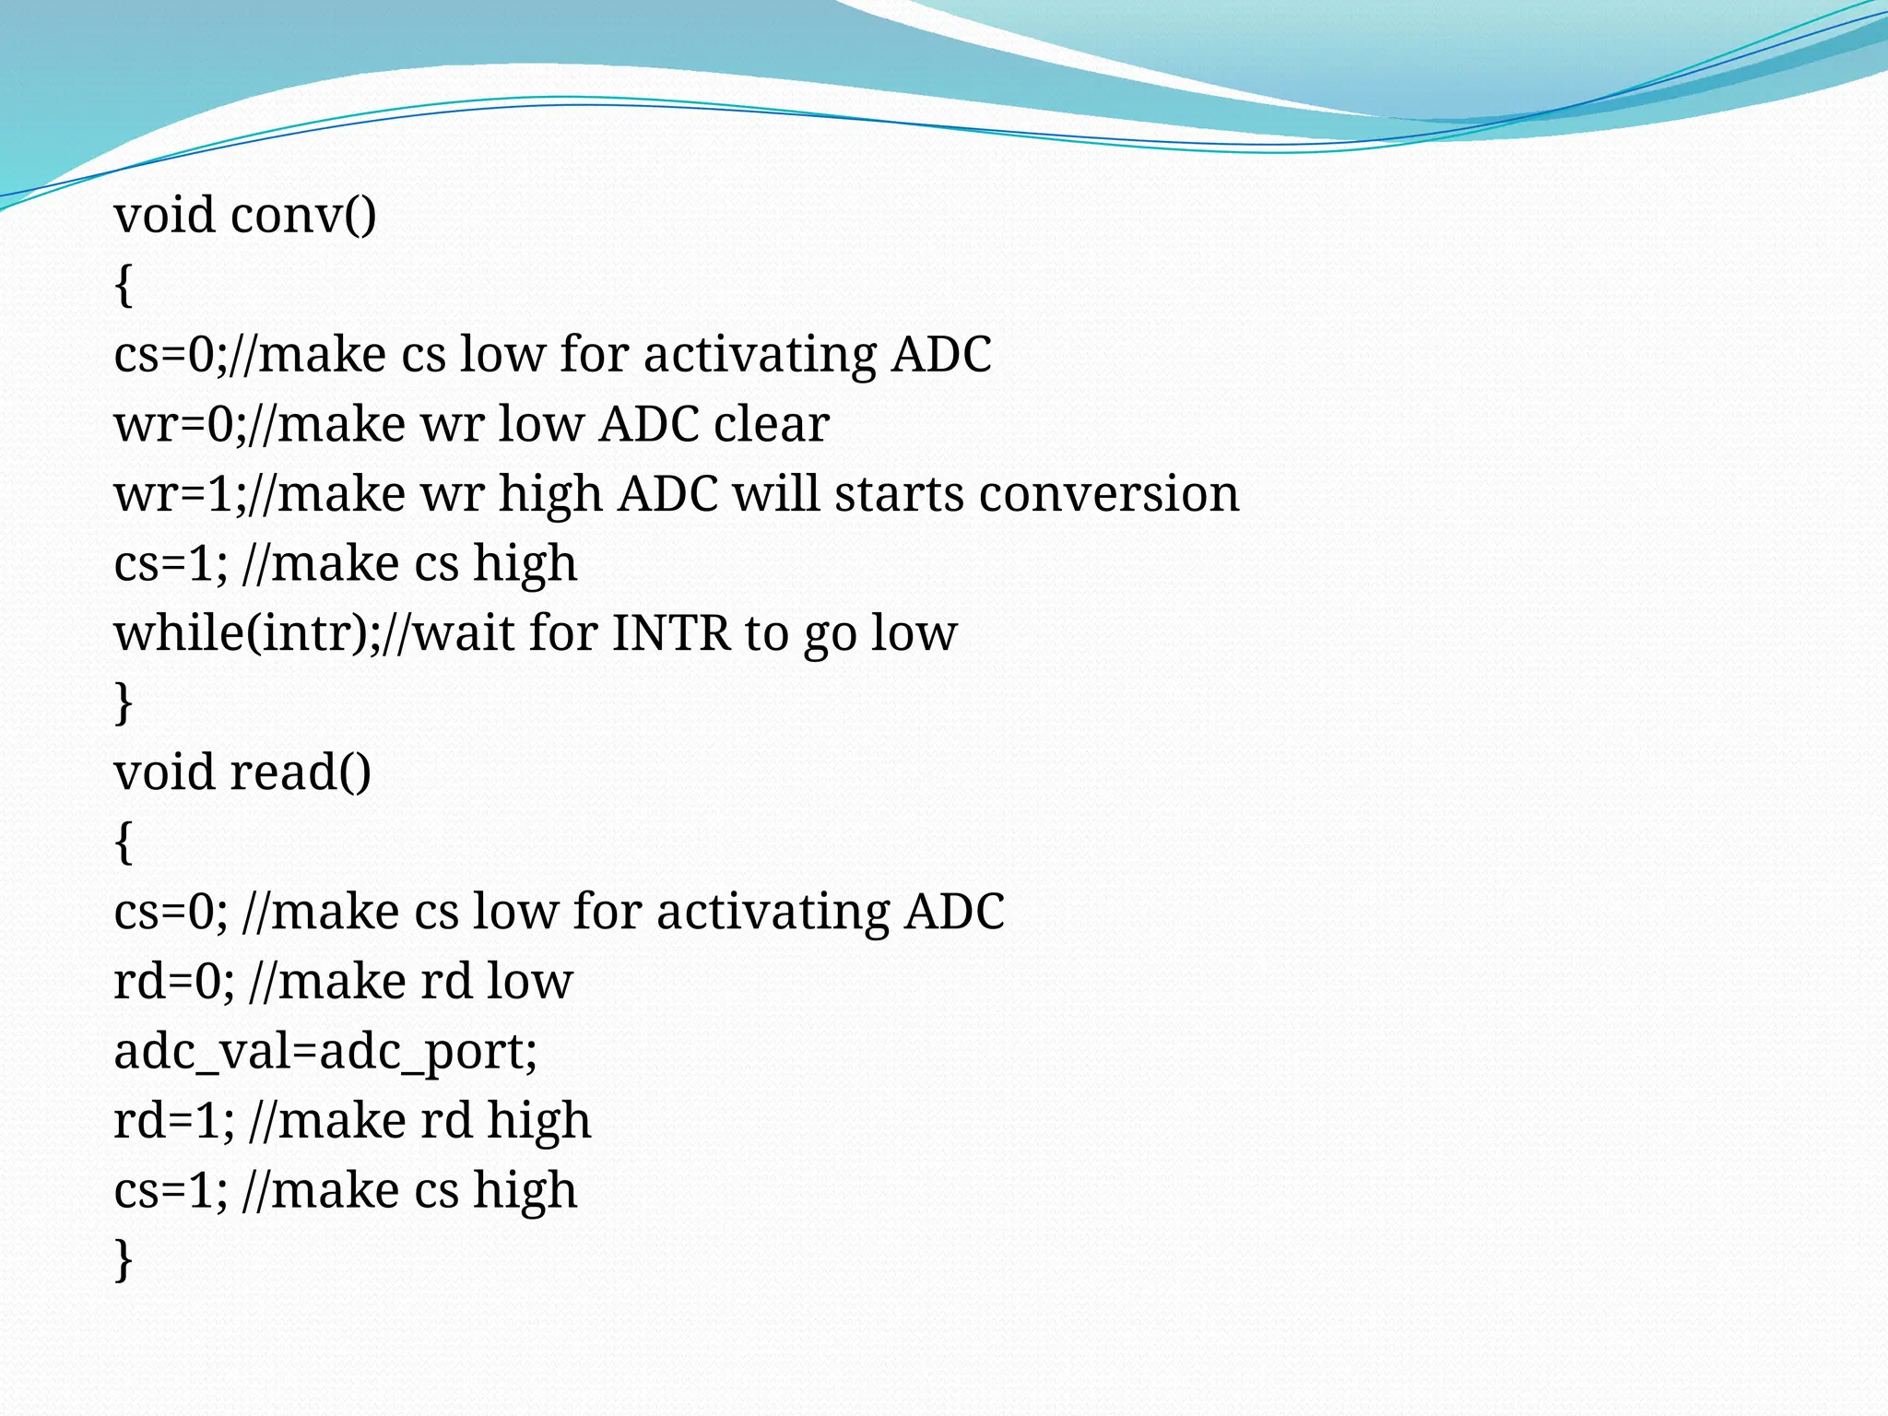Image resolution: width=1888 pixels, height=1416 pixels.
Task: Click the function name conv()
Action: coord(303,216)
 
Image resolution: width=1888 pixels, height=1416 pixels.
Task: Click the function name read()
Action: coord(301,773)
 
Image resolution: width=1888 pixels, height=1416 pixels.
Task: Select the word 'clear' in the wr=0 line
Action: coord(772,424)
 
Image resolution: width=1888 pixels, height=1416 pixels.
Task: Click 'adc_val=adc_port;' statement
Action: coord(325,1051)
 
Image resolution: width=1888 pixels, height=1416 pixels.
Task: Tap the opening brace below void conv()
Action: coord(124,285)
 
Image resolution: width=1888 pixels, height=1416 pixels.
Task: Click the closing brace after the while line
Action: coord(124,702)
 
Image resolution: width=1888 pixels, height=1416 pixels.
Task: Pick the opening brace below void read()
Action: coord(124,842)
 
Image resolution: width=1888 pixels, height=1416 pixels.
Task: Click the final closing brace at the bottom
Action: coord(124,1259)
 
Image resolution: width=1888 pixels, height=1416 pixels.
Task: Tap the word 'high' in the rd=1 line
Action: coord(538,1121)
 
